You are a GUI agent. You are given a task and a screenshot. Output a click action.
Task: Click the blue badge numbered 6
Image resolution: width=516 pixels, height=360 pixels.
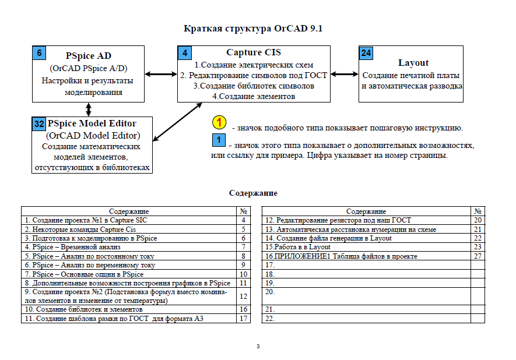39,53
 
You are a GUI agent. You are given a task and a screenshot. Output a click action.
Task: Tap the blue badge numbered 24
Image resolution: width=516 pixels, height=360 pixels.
366,53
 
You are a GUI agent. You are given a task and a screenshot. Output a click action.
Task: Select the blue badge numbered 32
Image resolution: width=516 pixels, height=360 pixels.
39,124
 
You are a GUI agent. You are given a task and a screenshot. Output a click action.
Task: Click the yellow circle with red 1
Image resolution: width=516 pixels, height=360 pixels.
219,123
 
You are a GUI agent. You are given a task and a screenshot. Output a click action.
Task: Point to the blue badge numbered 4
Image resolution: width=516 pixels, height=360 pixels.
185,53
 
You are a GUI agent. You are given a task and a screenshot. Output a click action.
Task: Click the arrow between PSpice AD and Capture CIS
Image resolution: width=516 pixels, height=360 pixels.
161,75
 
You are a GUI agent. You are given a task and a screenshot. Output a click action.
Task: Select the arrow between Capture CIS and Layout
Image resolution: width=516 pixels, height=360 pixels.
344,75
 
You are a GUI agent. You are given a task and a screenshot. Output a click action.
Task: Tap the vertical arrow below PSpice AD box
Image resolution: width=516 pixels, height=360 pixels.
89,110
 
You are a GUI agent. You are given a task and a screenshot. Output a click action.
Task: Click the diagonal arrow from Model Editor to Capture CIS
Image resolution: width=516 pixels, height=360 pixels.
177,122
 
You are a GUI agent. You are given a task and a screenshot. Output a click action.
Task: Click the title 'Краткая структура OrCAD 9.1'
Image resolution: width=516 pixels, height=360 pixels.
252,29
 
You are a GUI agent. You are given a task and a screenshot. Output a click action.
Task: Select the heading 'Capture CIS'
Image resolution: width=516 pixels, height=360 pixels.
254,52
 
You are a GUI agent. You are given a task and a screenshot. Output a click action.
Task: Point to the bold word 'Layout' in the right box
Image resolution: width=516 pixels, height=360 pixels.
413,63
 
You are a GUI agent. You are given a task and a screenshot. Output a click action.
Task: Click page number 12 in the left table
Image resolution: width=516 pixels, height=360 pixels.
244,297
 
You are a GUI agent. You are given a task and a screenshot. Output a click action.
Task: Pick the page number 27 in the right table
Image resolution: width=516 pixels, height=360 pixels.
478,256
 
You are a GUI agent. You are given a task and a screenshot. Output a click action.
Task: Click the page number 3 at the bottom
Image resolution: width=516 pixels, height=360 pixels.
258,346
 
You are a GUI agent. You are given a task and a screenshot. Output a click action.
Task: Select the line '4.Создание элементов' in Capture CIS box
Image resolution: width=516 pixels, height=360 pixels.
254,96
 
